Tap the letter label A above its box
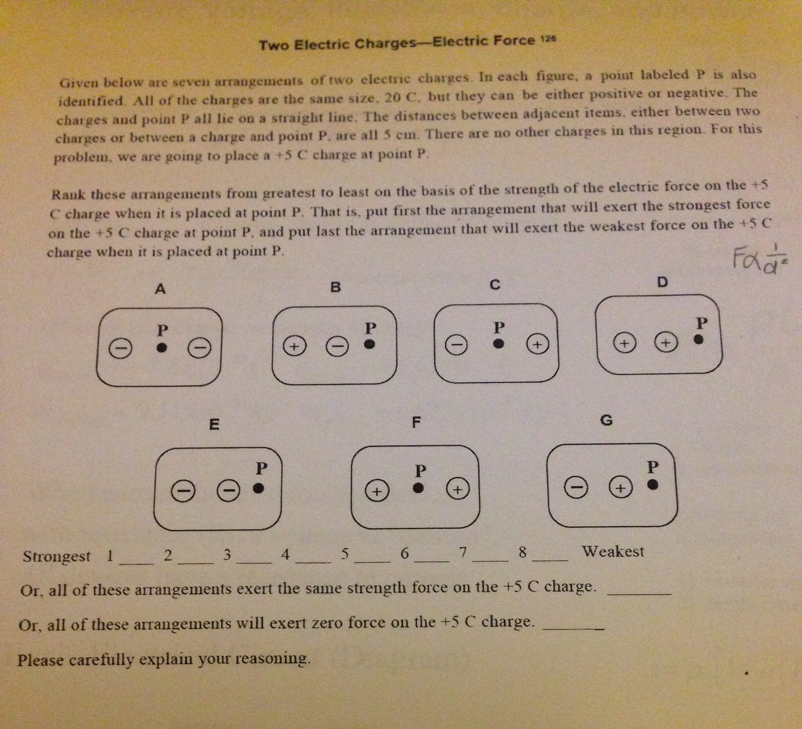(x=160, y=289)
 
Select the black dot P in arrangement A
(x=161, y=348)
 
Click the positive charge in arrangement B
(x=294, y=346)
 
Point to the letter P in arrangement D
(x=702, y=323)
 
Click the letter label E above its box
(x=214, y=424)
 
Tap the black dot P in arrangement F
(x=418, y=488)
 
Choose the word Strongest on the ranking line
(x=56, y=556)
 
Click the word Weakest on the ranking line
(x=613, y=551)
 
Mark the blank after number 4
(x=313, y=560)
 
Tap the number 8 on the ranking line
(x=523, y=552)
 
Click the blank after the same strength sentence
(x=639, y=593)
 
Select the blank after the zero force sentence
(x=574, y=628)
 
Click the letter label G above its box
(x=606, y=420)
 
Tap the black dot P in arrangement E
(x=258, y=488)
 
